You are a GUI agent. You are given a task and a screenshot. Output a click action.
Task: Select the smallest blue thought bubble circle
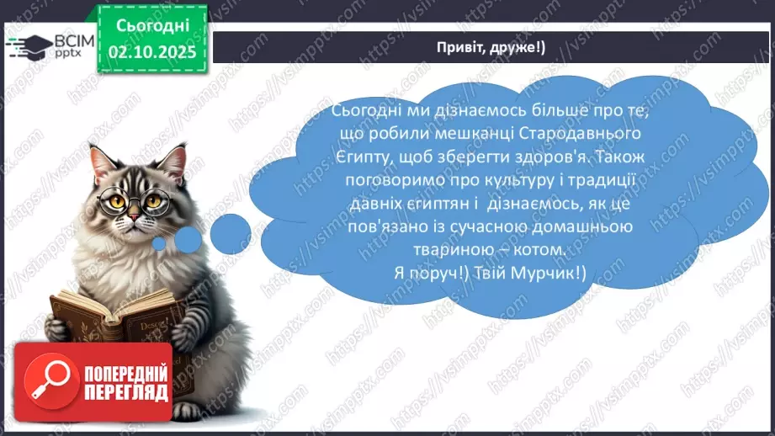[160, 244]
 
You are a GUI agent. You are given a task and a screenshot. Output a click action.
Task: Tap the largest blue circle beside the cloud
[230, 231]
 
